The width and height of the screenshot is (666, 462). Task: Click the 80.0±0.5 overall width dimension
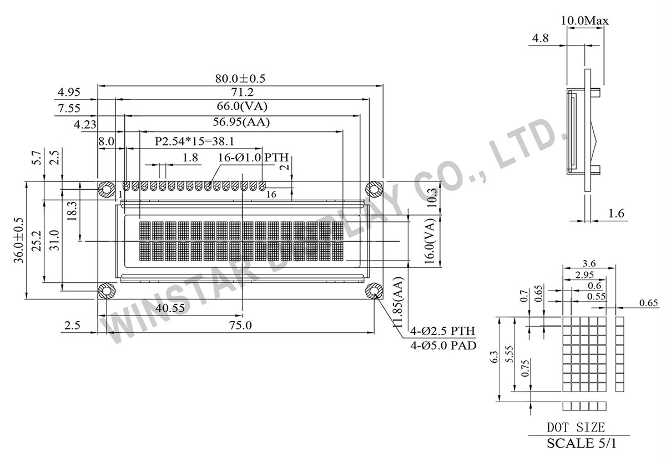[241, 79]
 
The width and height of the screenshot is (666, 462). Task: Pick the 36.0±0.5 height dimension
[19, 239]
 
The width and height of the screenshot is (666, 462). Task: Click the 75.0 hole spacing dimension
[240, 326]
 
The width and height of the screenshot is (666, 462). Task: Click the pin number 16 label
[271, 195]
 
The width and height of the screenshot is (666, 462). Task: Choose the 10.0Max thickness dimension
[585, 21]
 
